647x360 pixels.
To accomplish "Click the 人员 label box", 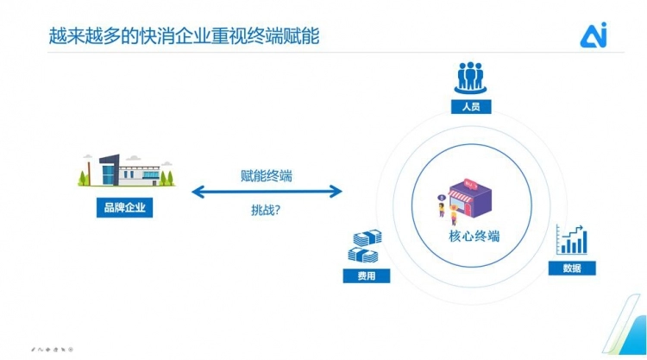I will pos(470,107).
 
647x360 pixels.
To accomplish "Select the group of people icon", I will pos(470,79).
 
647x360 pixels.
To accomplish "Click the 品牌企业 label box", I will pos(124,207).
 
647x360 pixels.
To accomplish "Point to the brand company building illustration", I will pos(126,171).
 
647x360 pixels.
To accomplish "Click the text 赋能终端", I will pos(266,176).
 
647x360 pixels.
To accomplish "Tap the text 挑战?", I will pos(266,210).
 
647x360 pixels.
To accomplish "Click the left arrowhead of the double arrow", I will pos(197,192).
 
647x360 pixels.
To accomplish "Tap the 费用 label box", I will pos(367,276).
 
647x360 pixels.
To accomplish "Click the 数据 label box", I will pos(572,268).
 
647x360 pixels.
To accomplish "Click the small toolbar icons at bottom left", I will pos(53,349).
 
